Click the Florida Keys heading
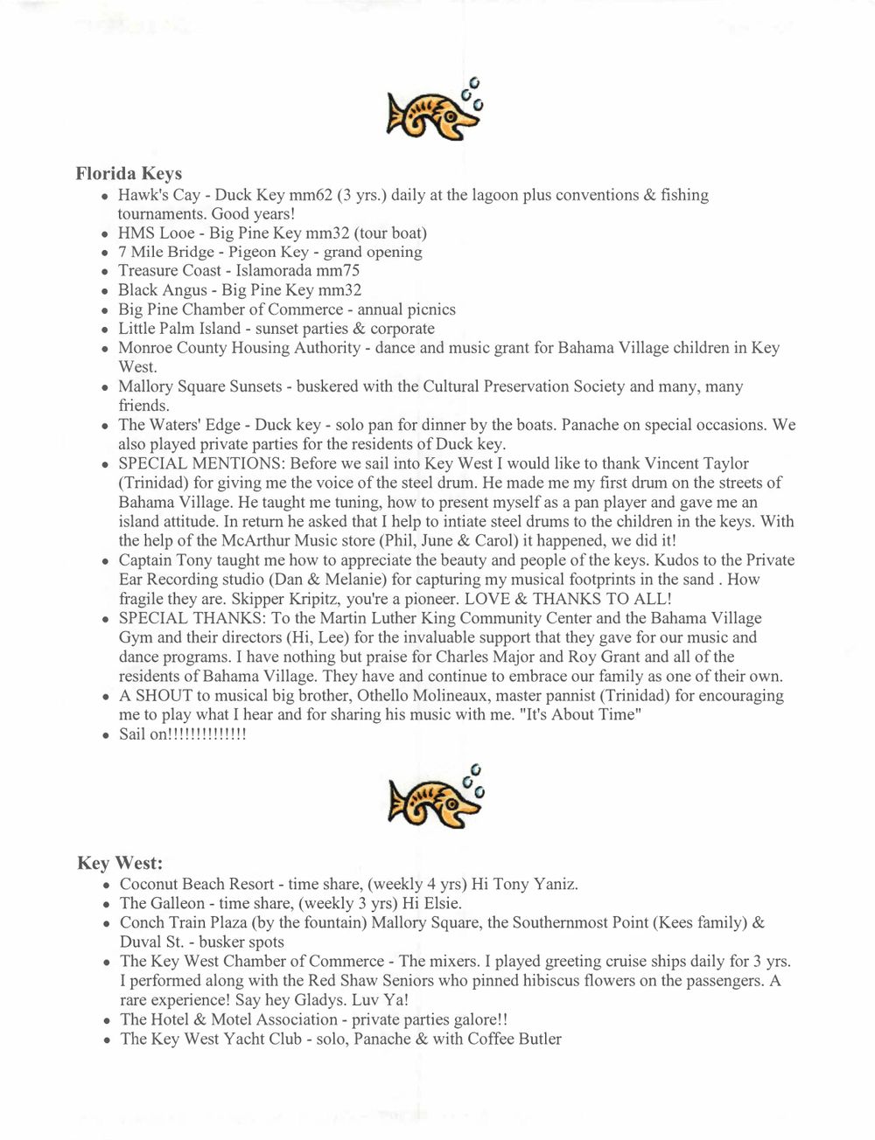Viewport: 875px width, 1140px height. tap(129, 173)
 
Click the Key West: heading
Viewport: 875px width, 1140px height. tap(120, 863)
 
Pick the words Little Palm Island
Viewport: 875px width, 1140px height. tap(178, 329)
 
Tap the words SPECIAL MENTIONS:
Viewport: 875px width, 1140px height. tap(201, 463)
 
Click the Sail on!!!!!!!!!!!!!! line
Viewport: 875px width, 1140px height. tap(183, 734)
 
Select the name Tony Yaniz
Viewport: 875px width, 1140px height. tap(535, 884)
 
